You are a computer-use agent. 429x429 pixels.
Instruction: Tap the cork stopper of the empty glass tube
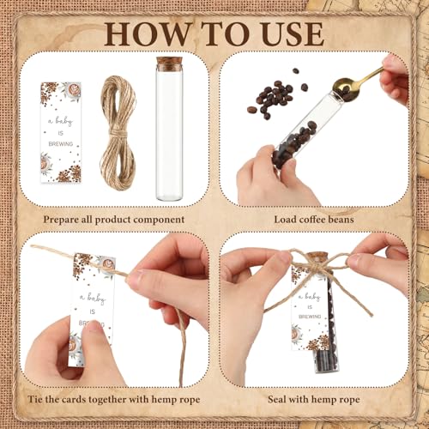click(169, 64)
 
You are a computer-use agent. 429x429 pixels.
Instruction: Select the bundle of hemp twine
click(118, 133)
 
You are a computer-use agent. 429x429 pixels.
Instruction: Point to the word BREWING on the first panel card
click(61, 144)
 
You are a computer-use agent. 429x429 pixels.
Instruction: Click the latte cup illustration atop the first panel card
click(73, 90)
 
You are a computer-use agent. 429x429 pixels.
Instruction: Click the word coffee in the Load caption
click(312, 220)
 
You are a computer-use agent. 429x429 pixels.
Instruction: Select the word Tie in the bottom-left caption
click(35, 399)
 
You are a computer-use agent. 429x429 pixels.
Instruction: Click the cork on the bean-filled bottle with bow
click(317, 256)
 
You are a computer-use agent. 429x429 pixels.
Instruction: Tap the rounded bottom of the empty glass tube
click(169, 195)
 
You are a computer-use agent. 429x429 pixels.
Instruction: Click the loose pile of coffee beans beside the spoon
click(273, 97)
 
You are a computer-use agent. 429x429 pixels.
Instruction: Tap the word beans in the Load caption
click(341, 220)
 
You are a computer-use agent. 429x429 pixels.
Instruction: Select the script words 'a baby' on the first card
click(60, 122)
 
